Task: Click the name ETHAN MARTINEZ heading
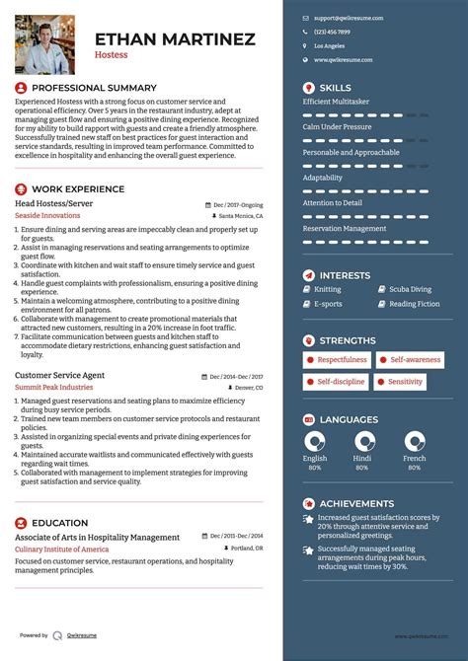[x=175, y=39]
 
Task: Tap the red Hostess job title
[x=111, y=56]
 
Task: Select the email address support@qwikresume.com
[x=349, y=18]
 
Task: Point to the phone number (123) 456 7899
[x=332, y=32]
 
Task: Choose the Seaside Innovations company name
[x=47, y=214]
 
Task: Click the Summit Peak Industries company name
[x=53, y=387]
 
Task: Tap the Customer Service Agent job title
[x=59, y=376]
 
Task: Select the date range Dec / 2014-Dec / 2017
[x=236, y=377]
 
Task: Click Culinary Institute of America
[x=61, y=549]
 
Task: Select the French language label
[x=415, y=458]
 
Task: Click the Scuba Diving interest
[x=410, y=289]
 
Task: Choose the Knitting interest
[x=327, y=289]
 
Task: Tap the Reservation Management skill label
[x=345, y=228]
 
